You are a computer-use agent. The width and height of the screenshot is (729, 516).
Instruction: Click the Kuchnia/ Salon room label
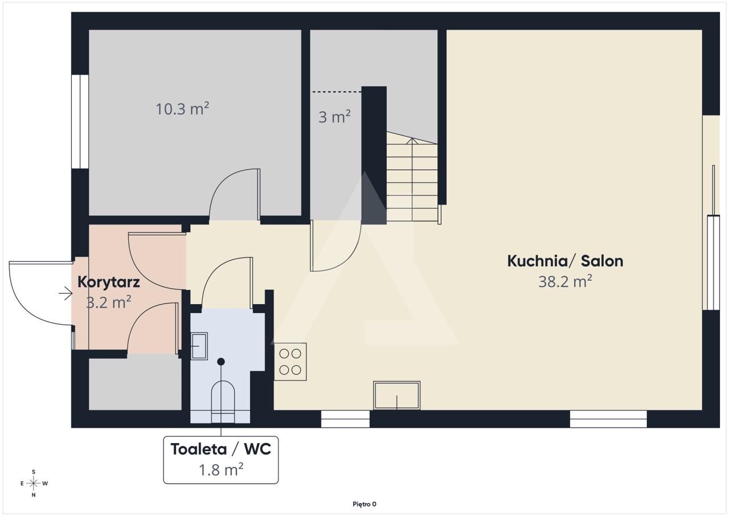click(565, 261)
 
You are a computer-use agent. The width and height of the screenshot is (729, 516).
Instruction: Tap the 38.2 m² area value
click(565, 281)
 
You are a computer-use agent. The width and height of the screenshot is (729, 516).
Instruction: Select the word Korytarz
click(109, 282)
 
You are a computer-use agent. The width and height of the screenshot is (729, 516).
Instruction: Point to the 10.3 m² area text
click(182, 109)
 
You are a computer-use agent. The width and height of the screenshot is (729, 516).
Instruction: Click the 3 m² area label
click(334, 117)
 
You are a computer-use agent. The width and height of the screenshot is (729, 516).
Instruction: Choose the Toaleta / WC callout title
click(220, 449)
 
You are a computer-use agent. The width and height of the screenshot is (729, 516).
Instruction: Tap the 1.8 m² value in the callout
click(221, 470)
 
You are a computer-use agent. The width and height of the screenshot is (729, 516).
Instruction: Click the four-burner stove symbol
click(290, 362)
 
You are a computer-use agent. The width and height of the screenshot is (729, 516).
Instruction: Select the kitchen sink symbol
click(397, 395)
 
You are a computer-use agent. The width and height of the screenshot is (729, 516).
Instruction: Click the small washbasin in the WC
click(199, 346)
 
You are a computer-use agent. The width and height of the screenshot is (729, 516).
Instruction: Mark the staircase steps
click(412, 177)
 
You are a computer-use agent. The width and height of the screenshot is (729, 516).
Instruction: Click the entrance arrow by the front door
click(65, 293)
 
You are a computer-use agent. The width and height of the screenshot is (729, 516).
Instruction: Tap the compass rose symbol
click(33, 484)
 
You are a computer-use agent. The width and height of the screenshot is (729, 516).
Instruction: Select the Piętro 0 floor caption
click(364, 504)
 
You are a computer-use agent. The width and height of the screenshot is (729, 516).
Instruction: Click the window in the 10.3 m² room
click(80, 122)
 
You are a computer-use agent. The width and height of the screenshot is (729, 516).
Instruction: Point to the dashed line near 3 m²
click(337, 92)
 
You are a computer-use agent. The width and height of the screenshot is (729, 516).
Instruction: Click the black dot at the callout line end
click(221, 362)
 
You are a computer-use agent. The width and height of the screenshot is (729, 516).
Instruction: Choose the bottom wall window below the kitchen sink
click(345, 419)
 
